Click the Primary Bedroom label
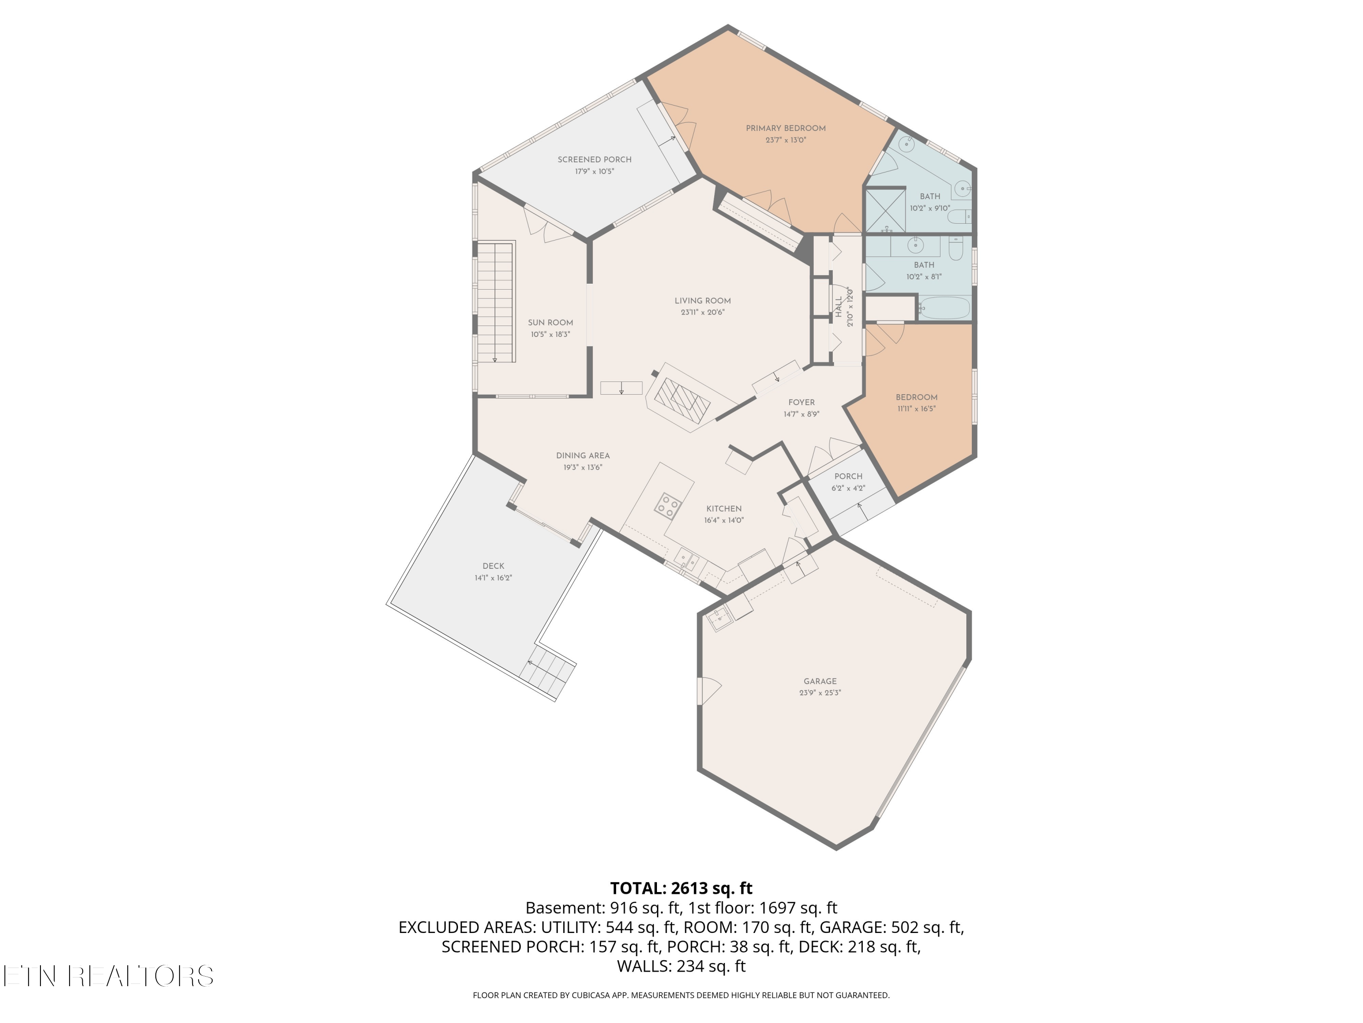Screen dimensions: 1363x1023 pyautogui.click(x=786, y=128)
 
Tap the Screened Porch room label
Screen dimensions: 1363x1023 pyautogui.click(x=595, y=160)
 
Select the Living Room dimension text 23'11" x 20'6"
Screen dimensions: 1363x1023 pyautogui.click(x=702, y=313)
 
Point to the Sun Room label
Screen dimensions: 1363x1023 pyautogui.click(x=550, y=322)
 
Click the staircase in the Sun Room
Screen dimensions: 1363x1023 pyautogui.click(x=496, y=301)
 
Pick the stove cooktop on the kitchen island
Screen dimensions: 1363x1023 pyautogui.click(x=668, y=505)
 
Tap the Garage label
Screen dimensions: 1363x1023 pyautogui.click(x=820, y=682)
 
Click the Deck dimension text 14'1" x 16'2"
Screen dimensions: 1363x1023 pyautogui.click(x=493, y=578)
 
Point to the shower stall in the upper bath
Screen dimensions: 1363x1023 pyautogui.click(x=886, y=210)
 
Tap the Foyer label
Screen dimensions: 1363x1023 pyautogui.click(x=801, y=403)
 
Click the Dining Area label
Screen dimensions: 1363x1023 pyautogui.click(x=583, y=456)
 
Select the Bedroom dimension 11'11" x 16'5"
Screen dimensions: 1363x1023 pyautogui.click(x=916, y=408)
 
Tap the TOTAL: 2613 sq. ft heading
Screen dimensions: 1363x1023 pyautogui.click(x=681, y=888)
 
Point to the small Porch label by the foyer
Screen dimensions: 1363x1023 pyautogui.click(x=849, y=476)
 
